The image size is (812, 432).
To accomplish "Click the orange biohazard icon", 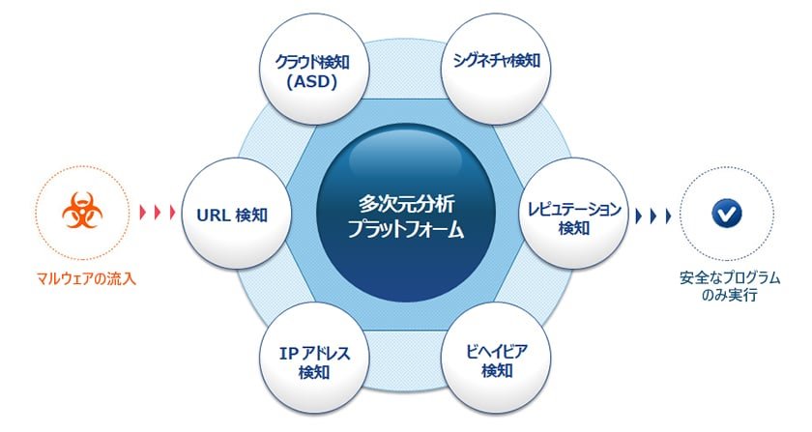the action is [x=82, y=211].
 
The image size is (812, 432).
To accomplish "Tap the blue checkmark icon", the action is [x=727, y=214].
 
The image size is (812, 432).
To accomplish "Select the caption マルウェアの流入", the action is [x=86, y=279].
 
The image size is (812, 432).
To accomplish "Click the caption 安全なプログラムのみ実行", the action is [x=730, y=286].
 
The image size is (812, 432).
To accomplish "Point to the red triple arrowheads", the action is [x=158, y=212].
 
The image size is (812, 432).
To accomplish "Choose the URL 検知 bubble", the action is [x=236, y=214].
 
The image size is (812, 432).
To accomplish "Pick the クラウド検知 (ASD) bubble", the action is [x=313, y=70].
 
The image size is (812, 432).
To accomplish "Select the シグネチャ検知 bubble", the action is [x=496, y=69].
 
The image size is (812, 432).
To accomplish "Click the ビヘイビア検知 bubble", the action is [x=496, y=359].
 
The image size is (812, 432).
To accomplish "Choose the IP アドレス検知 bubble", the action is [x=314, y=359].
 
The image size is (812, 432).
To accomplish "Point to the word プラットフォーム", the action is [x=406, y=228].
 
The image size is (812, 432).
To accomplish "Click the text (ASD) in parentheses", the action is [x=312, y=82].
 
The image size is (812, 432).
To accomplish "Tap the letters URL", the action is [x=214, y=215].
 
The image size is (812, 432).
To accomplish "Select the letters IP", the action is [x=288, y=354].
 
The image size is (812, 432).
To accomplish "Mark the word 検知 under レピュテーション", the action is [x=574, y=227].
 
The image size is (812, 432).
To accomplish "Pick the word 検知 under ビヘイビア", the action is [x=497, y=371].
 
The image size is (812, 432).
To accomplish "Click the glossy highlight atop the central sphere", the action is [x=405, y=156].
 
